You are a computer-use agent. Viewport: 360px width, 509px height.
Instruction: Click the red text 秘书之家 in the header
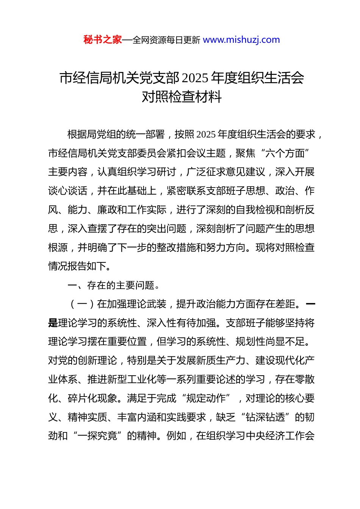[x=102, y=40]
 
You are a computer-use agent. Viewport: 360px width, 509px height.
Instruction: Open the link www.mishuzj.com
[x=241, y=40]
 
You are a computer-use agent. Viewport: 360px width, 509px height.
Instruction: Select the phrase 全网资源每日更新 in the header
[x=166, y=40]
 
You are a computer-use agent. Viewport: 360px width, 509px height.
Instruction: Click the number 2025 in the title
[x=195, y=78]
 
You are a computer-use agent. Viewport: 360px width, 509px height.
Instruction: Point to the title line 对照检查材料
[x=182, y=97]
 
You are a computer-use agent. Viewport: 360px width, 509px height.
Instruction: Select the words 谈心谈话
[x=68, y=191]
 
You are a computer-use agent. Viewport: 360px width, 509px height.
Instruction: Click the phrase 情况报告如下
[x=77, y=266]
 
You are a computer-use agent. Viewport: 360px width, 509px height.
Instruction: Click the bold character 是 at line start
[x=53, y=323]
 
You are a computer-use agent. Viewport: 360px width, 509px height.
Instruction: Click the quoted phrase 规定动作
[x=206, y=398]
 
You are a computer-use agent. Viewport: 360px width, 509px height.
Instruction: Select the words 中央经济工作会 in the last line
[x=280, y=436]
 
